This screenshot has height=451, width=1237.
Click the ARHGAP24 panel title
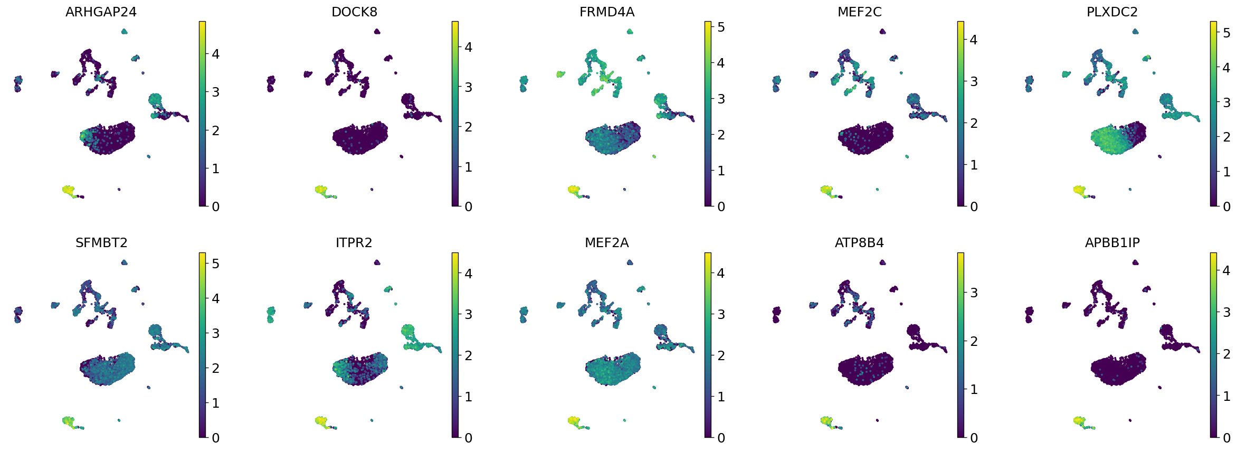101,12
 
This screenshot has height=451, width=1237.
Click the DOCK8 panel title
354,12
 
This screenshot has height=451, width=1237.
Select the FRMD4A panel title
607,12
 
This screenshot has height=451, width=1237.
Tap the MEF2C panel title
859,12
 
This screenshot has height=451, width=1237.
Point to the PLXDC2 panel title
1112,12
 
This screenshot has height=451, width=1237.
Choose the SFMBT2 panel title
101,242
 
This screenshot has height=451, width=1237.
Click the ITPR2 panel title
354,242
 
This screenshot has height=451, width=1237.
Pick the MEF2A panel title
607,242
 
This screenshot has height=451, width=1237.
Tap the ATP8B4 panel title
859,242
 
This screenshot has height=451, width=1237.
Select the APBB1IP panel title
1112,242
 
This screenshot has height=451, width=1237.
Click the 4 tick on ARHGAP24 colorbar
215,54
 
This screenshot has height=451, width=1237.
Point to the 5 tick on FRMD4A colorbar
721,27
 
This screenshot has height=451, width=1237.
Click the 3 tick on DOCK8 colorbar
468,87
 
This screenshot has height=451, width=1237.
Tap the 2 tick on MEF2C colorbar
974,123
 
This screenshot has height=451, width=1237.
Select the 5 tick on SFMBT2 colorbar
215,264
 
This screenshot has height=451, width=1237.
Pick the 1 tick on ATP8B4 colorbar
974,390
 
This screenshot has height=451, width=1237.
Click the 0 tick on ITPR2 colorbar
468,438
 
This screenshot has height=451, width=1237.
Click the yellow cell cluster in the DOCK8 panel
321,190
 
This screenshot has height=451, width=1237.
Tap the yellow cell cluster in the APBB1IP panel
1079,421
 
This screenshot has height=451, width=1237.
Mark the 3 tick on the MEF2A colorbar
721,314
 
